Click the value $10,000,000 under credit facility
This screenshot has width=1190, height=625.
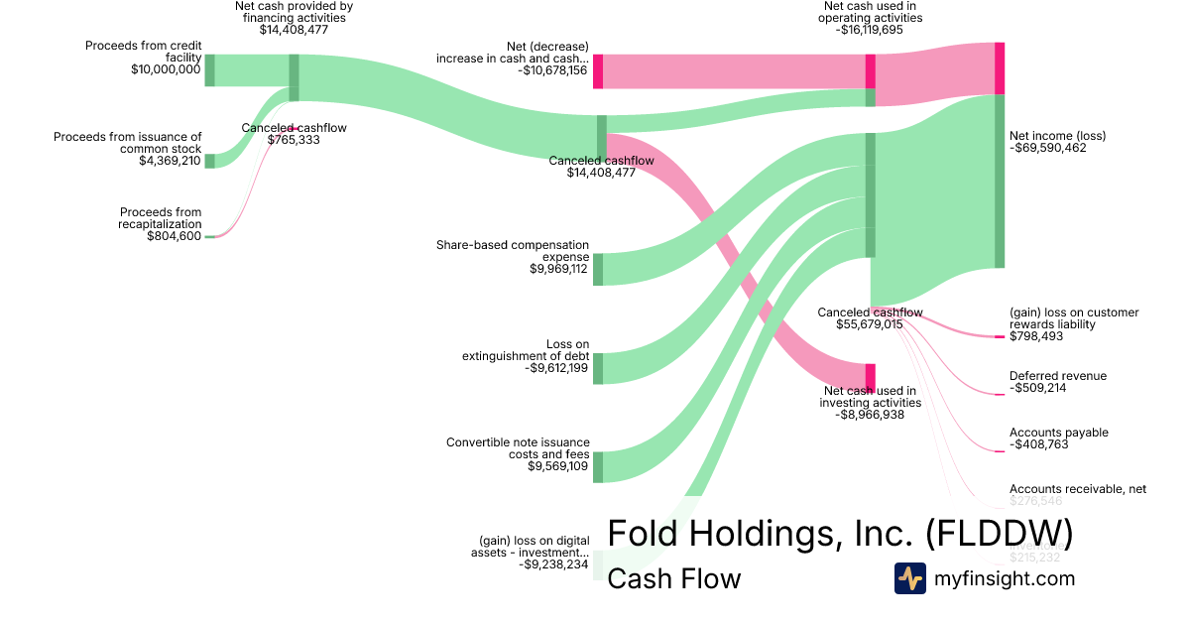point(166,69)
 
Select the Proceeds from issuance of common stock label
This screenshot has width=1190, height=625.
point(127,143)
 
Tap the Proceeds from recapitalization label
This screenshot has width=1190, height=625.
point(160,218)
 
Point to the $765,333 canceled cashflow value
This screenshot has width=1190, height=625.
point(294,140)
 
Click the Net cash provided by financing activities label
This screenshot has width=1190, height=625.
point(294,11)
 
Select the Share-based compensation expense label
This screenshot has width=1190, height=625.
point(513,250)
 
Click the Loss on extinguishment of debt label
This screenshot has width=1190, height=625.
point(526,350)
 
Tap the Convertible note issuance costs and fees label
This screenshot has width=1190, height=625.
point(518,448)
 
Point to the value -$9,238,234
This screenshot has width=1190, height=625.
point(553,563)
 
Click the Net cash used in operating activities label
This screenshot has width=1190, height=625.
point(873,11)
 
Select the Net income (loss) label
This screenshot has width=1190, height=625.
point(1057,135)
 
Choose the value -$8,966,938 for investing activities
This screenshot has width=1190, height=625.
point(870,416)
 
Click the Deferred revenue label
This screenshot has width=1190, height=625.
point(1057,376)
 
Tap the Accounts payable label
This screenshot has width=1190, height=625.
point(1058,433)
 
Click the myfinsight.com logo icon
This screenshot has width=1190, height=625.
point(909,578)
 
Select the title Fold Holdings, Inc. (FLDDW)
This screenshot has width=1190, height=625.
point(839,533)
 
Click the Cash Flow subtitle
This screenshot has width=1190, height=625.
point(673,578)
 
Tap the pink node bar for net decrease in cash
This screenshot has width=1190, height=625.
point(598,71)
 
